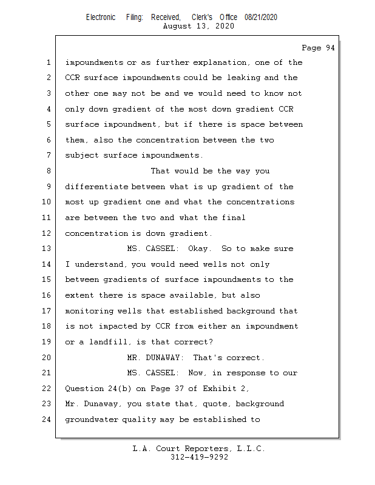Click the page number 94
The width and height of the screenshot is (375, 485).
pos(318,48)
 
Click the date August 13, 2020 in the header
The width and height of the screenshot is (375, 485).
pos(198,26)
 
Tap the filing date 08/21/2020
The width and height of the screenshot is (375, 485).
pos(261,18)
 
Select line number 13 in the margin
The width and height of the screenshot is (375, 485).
pos(47,249)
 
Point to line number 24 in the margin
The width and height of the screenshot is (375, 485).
pos(47,420)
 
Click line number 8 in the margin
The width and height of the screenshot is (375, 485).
pos(49,171)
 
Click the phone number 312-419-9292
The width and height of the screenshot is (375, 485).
pos(199,457)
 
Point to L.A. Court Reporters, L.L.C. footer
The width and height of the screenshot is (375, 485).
pos(199,449)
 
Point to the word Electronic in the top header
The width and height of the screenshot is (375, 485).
pos(101,18)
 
